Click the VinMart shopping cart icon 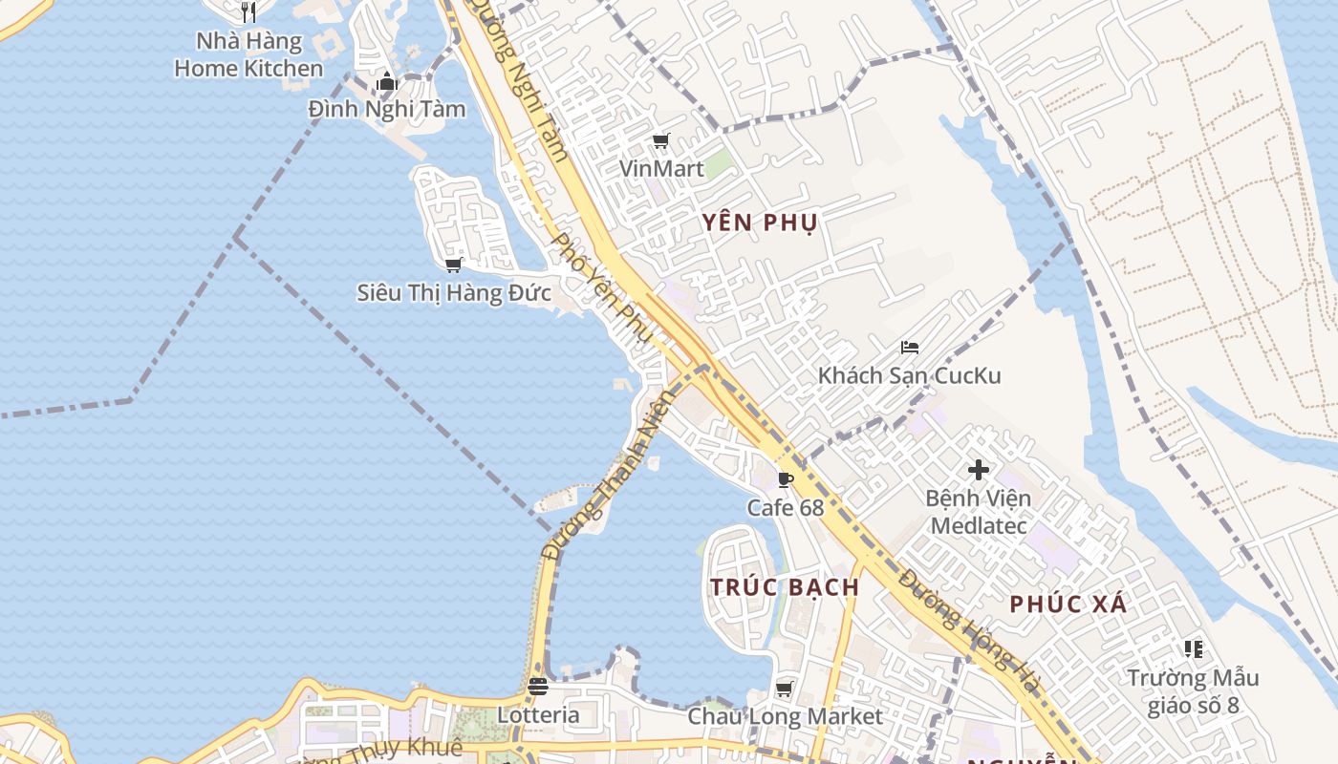coord(660,141)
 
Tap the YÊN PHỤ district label coord(760,223)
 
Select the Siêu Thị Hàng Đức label coord(454,292)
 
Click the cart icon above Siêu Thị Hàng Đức coord(453,265)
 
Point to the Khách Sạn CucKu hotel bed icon coord(910,348)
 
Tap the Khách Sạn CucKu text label coord(909,375)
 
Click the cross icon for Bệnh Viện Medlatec coord(979,470)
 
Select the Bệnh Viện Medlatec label coord(979,512)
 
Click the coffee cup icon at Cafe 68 coord(786,479)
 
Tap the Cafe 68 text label coord(785,507)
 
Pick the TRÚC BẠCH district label coord(785,587)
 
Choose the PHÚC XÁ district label coord(1068,604)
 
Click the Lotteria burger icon coord(538,687)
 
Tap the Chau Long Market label coord(786,716)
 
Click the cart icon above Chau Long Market coord(785,689)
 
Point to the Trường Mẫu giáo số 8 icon coord(1193,649)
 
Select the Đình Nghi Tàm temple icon coord(386,82)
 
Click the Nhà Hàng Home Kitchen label coord(248,54)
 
